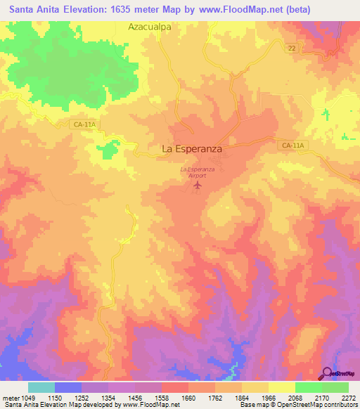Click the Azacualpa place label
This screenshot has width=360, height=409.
pos(150,27)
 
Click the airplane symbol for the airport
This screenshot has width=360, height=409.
pos(197,186)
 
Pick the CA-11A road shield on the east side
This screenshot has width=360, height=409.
pos(292,145)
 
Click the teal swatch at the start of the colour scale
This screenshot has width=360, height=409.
pos(41,387)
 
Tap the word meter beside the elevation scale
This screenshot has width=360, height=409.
pos(10,398)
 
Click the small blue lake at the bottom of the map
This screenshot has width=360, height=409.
pos(231,370)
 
